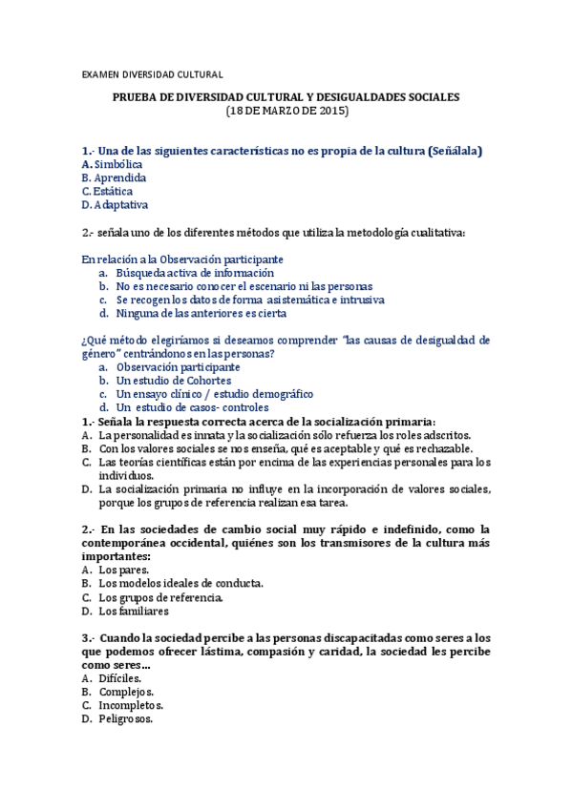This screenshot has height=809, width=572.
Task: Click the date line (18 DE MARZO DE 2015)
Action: (x=286, y=112)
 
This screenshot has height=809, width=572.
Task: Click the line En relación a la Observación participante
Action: (x=182, y=259)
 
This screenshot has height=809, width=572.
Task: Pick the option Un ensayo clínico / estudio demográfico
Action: (x=215, y=393)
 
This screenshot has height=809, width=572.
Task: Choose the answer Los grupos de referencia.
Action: (x=160, y=597)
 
